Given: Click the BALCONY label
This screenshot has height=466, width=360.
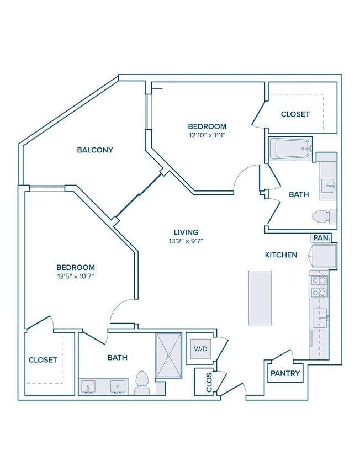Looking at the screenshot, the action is point(95,150).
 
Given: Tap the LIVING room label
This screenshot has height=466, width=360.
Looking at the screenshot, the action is point(186,232).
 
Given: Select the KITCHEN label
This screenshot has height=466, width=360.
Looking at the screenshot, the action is point(281,255).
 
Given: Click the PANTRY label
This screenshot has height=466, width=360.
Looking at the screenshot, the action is point(285,373).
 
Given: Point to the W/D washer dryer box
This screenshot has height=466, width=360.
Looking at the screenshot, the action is point(200,348).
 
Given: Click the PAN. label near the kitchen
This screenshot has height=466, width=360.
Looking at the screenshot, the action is point(322,238).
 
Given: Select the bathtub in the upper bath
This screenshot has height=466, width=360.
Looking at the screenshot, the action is point(290,149).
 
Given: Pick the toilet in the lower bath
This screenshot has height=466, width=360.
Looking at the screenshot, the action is point(141,383).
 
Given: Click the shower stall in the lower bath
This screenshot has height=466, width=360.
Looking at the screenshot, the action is point(168,355).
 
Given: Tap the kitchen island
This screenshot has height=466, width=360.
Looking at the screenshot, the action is point(260,298).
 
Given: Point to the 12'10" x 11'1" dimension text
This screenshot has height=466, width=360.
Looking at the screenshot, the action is point(207,135).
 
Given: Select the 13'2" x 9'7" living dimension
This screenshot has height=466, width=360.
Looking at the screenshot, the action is point(186,241).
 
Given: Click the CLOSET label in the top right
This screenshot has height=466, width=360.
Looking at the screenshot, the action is point(295,114).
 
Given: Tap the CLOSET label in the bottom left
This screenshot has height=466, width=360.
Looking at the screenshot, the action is point(43,360).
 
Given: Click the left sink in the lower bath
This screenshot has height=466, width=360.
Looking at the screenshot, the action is point(88,386).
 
